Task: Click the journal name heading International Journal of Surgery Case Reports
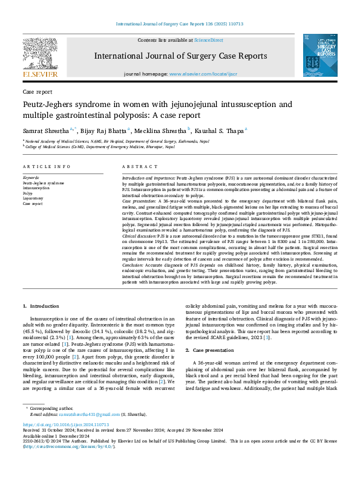[x=180, y=56]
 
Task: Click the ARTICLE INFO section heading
[x=42, y=166]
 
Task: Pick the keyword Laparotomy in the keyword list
[x=33, y=198]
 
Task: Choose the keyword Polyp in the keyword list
[x=28, y=193]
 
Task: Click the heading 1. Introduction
[x=43, y=308]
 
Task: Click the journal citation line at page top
[x=180, y=25]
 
